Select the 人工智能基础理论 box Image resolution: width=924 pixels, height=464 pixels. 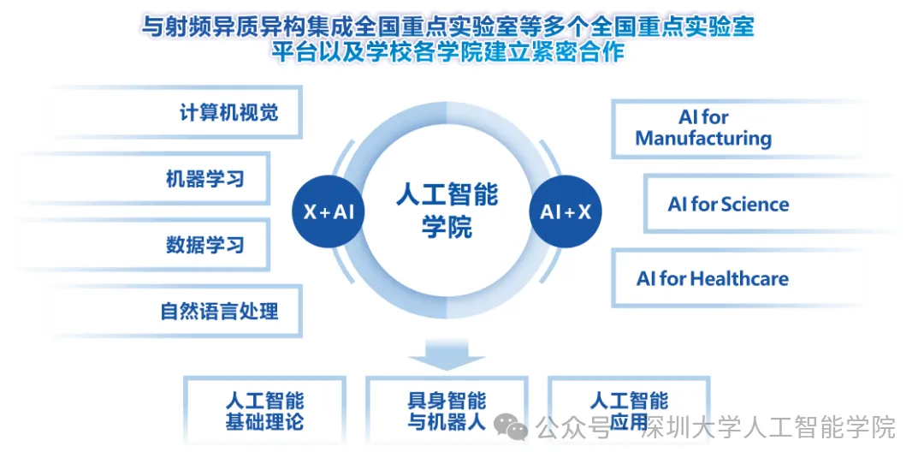pyautogui.click(x=264, y=411)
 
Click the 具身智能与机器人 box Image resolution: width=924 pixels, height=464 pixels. pyautogui.click(x=447, y=411)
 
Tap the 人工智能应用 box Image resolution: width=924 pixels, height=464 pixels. pyautogui.click(x=629, y=411)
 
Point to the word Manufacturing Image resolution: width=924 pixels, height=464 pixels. pyautogui.click(x=703, y=139)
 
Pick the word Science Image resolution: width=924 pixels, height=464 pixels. pyautogui.click(x=755, y=205)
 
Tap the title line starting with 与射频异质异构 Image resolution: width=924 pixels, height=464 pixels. pyautogui.click(x=447, y=26)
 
